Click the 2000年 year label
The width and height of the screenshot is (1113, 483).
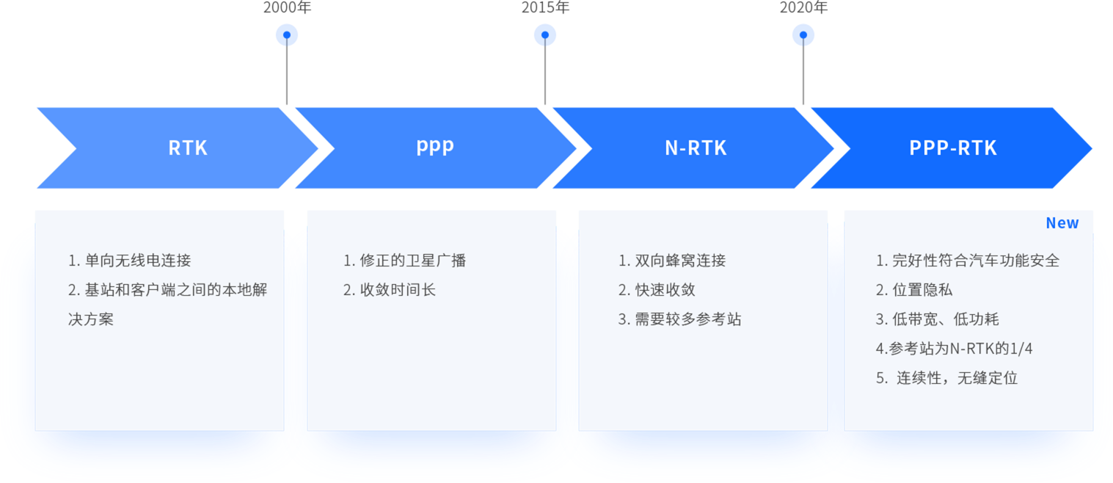point(287,8)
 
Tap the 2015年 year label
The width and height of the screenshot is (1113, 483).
point(545,8)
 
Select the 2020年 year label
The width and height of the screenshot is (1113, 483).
point(803,8)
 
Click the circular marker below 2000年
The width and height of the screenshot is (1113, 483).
point(287,34)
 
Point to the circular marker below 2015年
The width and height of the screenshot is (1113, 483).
point(545,34)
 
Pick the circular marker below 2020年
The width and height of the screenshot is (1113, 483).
point(803,34)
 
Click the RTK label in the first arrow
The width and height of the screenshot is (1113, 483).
point(188,148)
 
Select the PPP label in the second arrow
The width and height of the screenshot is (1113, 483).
point(435,148)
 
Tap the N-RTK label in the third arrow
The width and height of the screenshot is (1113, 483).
point(696,148)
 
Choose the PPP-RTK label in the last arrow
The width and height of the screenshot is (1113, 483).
point(953,148)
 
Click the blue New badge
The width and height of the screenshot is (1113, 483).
point(1062,223)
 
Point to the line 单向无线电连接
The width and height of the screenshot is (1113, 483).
point(130,261)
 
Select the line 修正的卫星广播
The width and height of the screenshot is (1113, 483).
point(404,261)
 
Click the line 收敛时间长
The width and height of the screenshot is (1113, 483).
point(390,290)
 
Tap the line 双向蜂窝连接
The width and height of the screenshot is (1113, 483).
point(672,261)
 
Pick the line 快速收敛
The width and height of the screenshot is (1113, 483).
point(657,290)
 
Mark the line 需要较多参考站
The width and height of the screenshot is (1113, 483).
point(679,319)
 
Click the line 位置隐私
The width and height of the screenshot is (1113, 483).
point(914,290)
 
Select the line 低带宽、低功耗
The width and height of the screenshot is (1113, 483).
point(937,319)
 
